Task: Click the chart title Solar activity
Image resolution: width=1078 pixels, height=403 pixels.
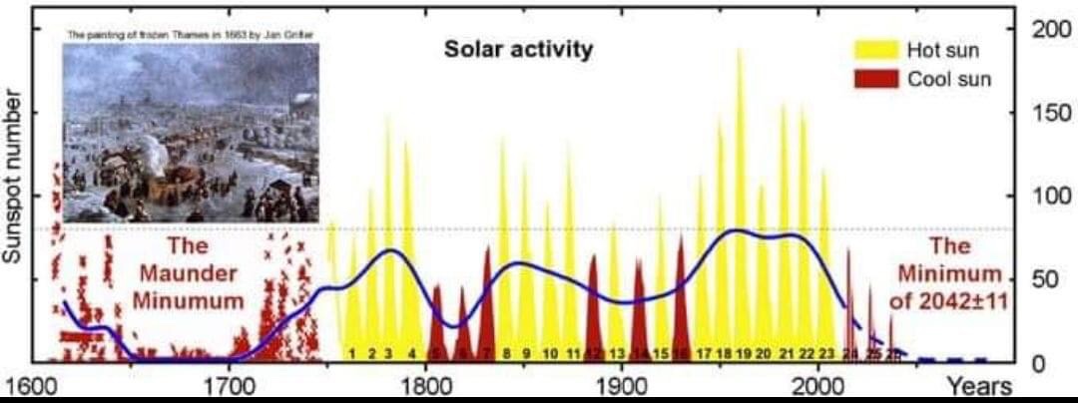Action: pyautogui.click(x=518, y=49)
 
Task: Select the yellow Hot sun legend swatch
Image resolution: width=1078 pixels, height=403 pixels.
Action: pyautogui.click(x=876, y=50)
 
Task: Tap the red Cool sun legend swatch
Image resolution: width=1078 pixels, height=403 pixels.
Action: pyautogui.click(x=876, y=79)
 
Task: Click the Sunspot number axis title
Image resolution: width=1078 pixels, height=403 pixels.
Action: pyautogui.click(x=13, y=178)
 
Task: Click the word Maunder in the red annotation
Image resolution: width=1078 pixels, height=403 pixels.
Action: pyautogui.click(x=188, y=272)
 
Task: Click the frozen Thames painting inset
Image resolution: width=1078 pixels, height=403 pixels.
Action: pyautogui.click(x=191, y=132)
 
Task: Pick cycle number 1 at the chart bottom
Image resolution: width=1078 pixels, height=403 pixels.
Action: pyautogui.click(x=351, y=354)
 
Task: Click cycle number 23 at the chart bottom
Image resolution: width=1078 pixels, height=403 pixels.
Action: pyautogui.click(x=826, y=354)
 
